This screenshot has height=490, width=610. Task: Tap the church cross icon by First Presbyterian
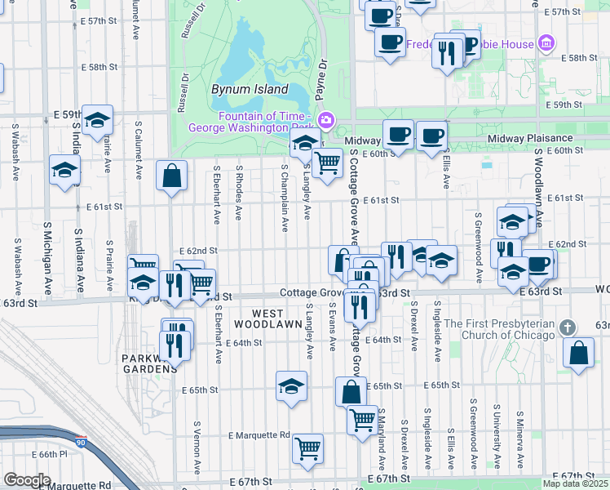[568, 327]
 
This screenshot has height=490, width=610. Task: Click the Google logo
[27, 479]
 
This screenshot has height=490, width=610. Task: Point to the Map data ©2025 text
[576, 483]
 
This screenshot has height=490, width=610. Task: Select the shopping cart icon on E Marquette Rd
[307, 448]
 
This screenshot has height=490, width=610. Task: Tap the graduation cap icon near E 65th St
[291, 385]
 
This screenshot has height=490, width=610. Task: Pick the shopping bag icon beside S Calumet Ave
[172, 175]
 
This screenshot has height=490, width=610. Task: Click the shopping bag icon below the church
[578, 353]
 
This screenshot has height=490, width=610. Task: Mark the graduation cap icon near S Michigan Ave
[64, 170]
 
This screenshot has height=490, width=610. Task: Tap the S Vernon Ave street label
[197, 448]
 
